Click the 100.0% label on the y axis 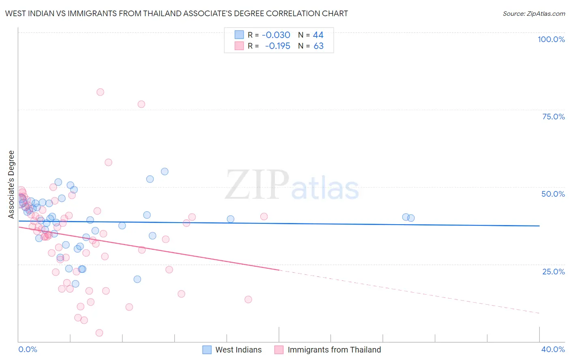tap(551, 39)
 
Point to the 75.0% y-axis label tap(553, 117)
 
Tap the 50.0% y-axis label tap(553, 194)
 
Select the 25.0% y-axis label tap(553, 271)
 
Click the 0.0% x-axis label tap(28, 349)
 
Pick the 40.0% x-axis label tap(553, 349)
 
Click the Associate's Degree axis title tap(11, 185)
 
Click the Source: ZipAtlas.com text tap(534, 13)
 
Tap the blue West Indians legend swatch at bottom tap(207, 350)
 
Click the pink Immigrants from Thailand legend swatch tap(279, 350)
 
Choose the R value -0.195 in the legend tap(278, 46)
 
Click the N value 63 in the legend tap(319, 46)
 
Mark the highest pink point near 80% tap(100, 92)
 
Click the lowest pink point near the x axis tap(99, 333)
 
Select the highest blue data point tap(165, 172)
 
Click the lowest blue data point tap(137, 279)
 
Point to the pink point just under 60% tap(108, 162)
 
